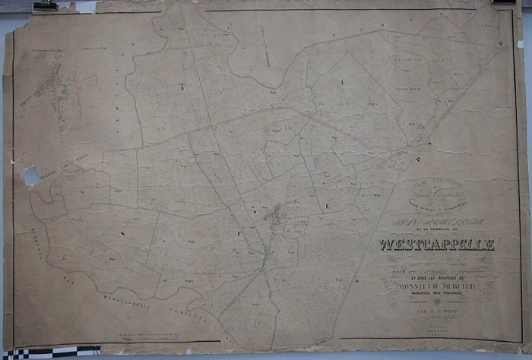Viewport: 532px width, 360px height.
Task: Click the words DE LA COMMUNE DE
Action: click(439, 229)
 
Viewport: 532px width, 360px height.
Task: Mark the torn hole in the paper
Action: click(32, 176)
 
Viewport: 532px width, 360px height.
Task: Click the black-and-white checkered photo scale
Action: click(49, 352)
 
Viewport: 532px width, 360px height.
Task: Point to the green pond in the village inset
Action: click(63, 91)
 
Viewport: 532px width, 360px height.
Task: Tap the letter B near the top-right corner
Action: click(499, 44)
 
